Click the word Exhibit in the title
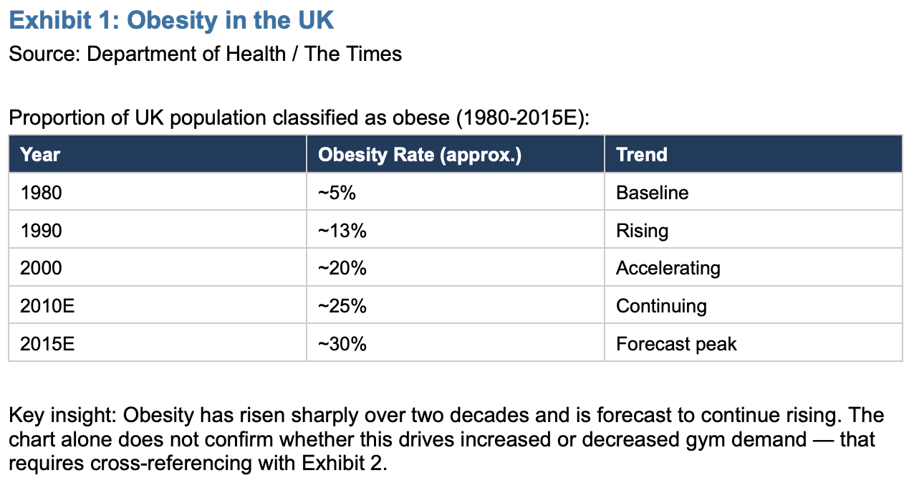[50, 20]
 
